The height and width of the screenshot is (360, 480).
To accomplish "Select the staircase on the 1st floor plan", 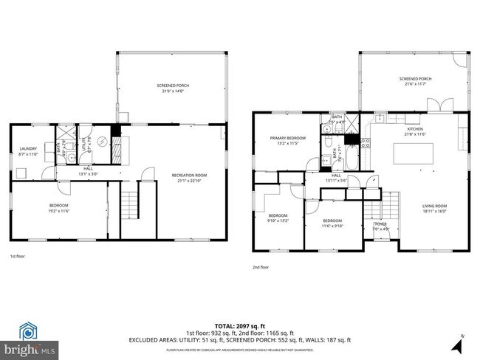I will click(130, 200).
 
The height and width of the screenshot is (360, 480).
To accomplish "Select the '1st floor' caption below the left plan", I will click(18, 256).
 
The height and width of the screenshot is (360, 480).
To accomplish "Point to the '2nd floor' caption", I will click(261, 267).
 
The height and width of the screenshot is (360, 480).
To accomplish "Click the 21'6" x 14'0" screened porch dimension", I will click(173, 91).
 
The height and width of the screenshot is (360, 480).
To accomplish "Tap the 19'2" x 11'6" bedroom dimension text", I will click(58, 211).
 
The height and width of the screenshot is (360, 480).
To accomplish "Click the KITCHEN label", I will click(415, 129).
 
